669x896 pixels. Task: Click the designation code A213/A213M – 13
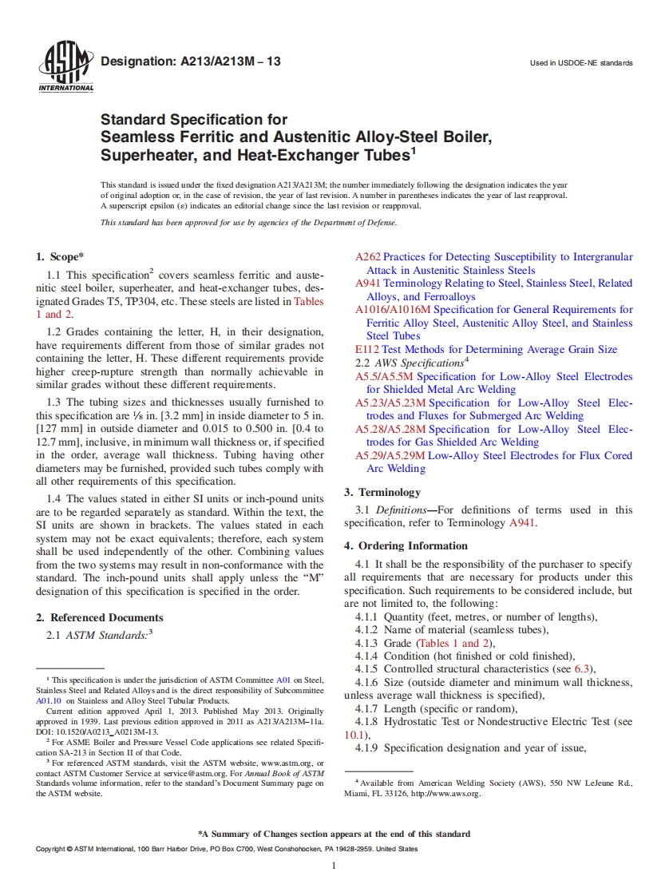click(190, 61)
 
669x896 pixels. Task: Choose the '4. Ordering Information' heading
click(406, 545)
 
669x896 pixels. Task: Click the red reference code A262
click(367, 257)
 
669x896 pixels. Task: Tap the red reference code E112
click(366, 349)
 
